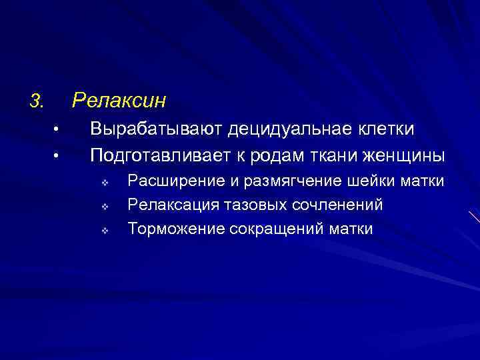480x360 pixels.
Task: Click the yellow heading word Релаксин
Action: click(x=119, y=101)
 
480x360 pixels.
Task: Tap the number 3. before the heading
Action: click(x=36, y=101)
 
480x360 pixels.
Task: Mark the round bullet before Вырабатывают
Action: click(x=57, y=129)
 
